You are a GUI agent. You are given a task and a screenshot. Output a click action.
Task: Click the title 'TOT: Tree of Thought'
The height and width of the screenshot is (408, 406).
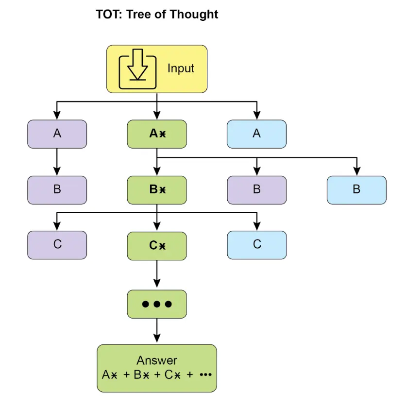tap(157, 14)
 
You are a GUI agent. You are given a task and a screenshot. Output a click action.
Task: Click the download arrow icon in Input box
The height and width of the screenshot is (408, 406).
tap(138, 69)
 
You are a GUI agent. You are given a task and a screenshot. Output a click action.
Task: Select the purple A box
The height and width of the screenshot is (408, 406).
tap(57, 134)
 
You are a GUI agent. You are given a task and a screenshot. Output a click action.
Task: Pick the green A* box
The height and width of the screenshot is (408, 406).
tap(156, 134)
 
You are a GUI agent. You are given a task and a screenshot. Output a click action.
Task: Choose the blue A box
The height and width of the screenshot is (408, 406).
tap(256, 134)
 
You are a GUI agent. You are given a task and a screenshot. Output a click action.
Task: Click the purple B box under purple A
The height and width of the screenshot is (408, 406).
tap(57, 190)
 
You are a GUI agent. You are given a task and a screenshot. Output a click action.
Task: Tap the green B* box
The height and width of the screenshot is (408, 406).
tap(156, 190)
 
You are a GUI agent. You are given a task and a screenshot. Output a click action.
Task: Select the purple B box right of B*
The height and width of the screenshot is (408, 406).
tap(256, 190)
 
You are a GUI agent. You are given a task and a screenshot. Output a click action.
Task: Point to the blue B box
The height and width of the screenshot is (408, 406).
tap(356, 190)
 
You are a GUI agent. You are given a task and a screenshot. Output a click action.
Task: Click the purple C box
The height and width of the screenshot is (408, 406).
tap(57, 245)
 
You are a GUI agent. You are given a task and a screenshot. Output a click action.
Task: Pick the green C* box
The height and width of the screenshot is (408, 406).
tap(156, 246)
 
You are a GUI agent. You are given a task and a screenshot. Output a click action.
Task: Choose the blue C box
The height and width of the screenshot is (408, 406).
tap(256, 245)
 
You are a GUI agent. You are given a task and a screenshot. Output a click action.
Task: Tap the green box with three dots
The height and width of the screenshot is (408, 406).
tap(156, 304)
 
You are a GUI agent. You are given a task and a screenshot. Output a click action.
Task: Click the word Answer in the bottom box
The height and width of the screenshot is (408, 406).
tap(156, 360)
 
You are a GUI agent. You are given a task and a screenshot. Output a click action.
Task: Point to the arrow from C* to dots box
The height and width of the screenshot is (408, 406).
tap(156, 274)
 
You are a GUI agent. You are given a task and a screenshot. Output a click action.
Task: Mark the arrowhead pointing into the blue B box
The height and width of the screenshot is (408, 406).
tap(356, 171)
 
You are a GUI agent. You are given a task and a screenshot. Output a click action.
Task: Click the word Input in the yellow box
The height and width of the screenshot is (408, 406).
tap(181, 68)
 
